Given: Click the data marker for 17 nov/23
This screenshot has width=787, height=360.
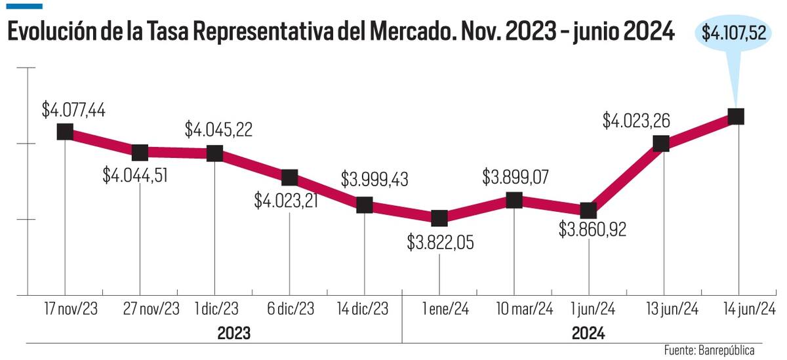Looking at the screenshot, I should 64,131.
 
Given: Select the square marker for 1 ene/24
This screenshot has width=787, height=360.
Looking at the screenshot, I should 439,217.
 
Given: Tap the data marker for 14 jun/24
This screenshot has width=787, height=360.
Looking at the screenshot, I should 736,116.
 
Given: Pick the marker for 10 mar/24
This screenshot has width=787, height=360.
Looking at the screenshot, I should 514,200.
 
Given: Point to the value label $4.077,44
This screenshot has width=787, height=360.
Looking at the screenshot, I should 73,110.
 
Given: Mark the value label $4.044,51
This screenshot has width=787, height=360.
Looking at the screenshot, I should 136,176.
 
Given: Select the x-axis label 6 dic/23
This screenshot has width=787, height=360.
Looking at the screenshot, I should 290,309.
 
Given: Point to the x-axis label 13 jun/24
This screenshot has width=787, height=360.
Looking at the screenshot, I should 662,309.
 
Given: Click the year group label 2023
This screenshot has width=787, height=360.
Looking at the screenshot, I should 233,333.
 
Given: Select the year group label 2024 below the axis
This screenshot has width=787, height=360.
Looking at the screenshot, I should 588,333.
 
